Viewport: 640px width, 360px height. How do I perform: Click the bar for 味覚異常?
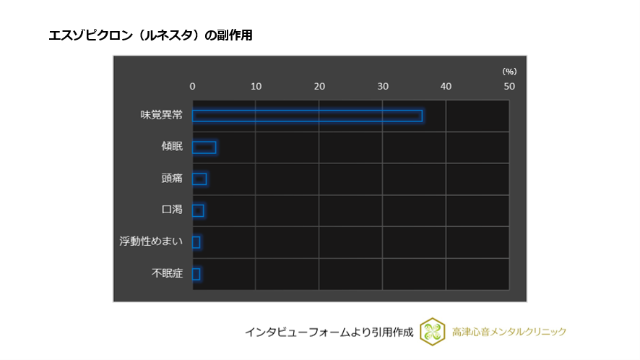307,116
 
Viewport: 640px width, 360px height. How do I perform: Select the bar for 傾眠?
204,147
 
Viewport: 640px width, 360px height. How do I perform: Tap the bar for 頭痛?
199,179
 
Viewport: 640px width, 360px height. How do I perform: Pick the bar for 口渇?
198,210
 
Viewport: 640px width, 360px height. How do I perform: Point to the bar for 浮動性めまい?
196,242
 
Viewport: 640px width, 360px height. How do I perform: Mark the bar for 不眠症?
196,274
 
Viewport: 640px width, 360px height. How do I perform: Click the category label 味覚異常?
161,115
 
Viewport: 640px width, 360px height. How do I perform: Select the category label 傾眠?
172,147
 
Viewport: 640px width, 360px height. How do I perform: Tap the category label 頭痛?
172,179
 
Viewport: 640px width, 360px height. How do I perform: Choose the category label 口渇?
172,210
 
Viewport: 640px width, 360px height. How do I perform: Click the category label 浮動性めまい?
151,242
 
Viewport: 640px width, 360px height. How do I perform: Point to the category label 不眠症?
167,274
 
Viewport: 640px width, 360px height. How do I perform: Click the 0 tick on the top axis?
192,87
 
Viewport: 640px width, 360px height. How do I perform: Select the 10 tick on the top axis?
256,87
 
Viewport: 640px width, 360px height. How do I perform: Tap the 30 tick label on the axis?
383,87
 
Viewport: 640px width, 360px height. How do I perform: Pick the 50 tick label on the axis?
509,87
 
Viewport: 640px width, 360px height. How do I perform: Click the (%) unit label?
509,72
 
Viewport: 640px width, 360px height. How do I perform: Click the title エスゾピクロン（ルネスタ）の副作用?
150,35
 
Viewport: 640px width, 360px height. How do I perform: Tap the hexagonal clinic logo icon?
432,332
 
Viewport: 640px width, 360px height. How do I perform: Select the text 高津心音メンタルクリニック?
509,332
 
